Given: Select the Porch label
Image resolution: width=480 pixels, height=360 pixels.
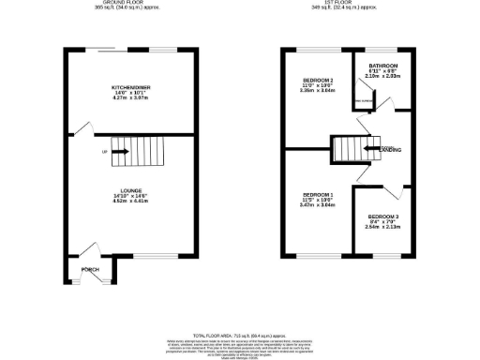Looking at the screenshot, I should (x=90, y=269).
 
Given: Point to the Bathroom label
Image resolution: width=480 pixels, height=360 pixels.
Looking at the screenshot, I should (x=373, y=66).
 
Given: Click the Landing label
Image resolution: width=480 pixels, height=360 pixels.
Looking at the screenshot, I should (x=392, y=149).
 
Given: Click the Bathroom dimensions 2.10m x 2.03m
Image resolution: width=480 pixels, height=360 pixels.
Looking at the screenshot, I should (x=373, y=77).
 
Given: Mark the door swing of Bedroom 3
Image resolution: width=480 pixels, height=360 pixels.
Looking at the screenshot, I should (x=395, y=192).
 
